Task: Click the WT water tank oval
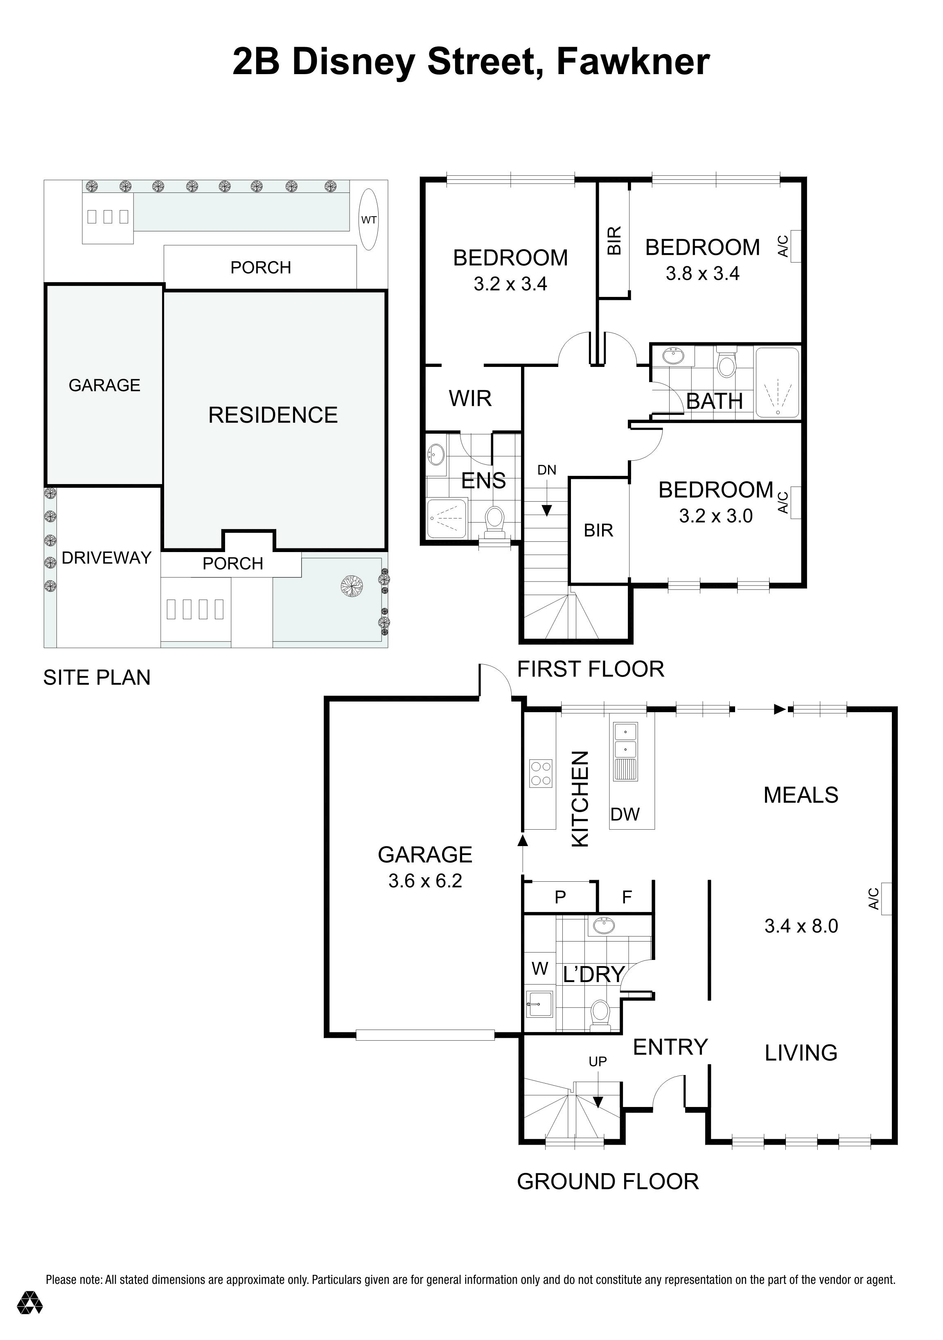click(369, 220)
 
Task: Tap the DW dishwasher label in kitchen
click(625, 814)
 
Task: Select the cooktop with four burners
click(540, 774)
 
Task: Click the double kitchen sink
click(625, 740)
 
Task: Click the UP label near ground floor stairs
click(597, 1062)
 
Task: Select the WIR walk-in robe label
click(470, 398)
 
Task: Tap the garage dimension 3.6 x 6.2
click(425, 881)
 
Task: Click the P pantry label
click(560, 897)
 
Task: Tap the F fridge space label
click(627, 897)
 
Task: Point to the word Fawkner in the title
click(633, 62)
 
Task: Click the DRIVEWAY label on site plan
click(107, 558)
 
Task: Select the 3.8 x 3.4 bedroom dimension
click(702, 274)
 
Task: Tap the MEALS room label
click(801, 795)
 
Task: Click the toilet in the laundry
click(600, 1014)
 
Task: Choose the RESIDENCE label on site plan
click(273, 415)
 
